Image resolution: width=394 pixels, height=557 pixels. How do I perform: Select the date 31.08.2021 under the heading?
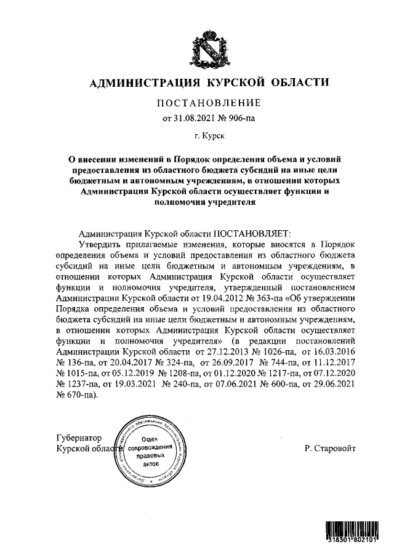point(197,116)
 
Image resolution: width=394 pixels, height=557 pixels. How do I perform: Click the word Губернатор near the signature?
point(78,438)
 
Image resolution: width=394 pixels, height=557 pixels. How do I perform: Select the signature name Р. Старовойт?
point(329,449)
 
